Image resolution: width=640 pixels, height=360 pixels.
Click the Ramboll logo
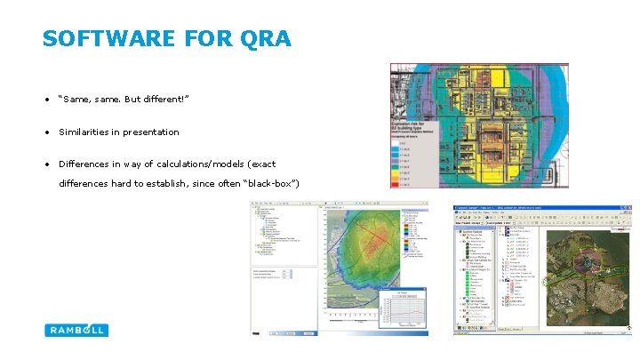[x=76, y=330]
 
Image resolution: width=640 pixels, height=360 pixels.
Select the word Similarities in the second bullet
[x=82, y=132]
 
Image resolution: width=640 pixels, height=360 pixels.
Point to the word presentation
[x=150, y=132]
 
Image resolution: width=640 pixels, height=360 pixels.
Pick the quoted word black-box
[x=269, y=183]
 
